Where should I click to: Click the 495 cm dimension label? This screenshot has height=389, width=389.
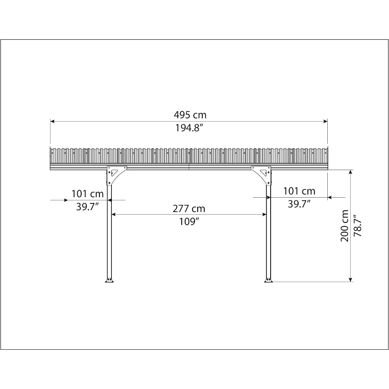click(x=190, y=115)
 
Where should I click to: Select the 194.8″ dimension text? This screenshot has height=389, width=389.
click(x=189, y=128)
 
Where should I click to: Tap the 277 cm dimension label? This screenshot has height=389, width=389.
click(x=189, y=208)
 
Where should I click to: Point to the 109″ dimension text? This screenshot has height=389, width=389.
click(x=189, y=222)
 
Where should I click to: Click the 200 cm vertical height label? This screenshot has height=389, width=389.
click(x=344, y=226)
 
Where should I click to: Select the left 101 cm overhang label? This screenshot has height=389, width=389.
click(x=88, y=194)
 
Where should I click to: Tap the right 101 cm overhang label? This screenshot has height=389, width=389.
click(x=299, y=191)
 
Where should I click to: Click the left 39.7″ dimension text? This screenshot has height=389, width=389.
click(x=88, y=207)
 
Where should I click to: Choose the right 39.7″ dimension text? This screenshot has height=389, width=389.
click(x=299, y=204)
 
